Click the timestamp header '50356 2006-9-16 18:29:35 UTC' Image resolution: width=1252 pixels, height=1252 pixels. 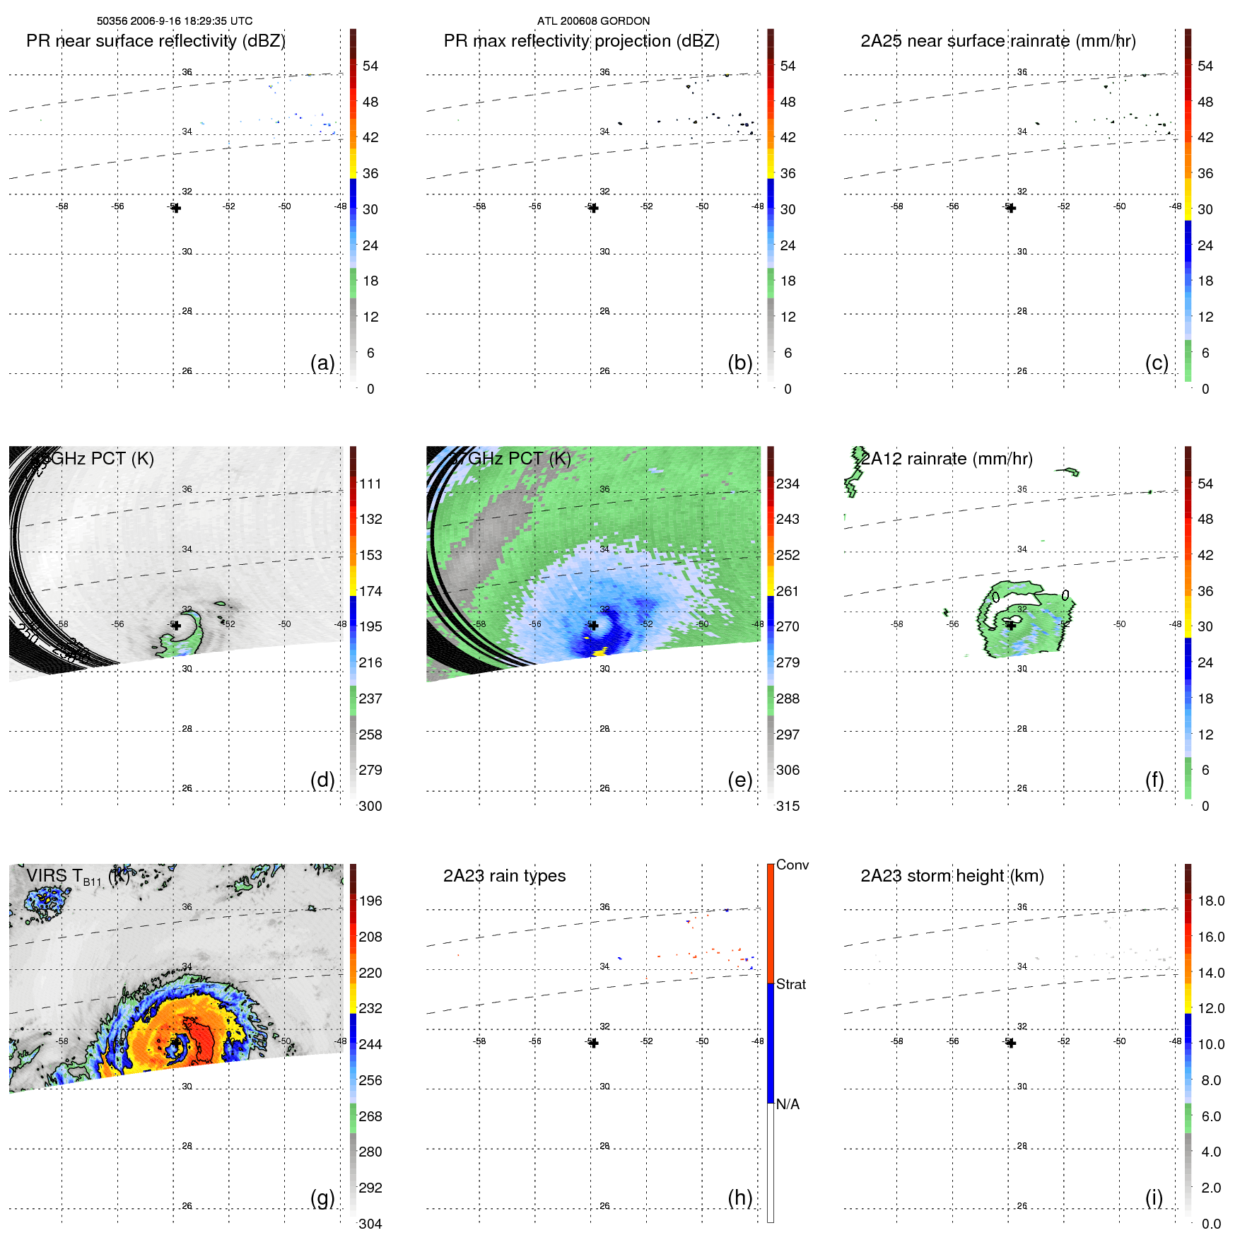pyautogui.click(x=174, y=21)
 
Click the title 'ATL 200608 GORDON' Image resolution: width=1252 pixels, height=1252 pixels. pyautogui.click(x=593, y=21)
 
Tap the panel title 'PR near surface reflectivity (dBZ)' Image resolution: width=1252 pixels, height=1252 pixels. pyautogui.click(x=156, y=41)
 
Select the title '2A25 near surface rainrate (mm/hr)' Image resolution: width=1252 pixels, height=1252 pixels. pyautogui.click(x=997, y=41)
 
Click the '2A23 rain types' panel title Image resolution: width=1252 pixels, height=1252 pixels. pyautogui.click(x=504, y=876)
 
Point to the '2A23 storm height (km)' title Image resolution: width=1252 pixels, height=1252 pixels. pyautogui.click(x=952, y=876)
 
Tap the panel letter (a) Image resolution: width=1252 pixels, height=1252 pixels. pyautogui.click(x=322, y=363)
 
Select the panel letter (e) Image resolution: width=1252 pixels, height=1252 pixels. pyautogui.click(x=739, y=780)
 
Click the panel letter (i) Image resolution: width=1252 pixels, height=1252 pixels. pyautogui.click(x=1154, y=1198)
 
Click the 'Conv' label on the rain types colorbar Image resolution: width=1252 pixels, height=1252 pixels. pyautogui.click(x=792, y=865)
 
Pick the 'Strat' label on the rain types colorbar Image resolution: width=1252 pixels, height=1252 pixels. pyautogui.click(x=790, y=984)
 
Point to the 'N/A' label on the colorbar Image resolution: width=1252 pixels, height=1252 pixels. pyautogui.click(x=788, y=1104)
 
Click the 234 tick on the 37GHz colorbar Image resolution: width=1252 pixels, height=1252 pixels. pyautogui.click(x=788, y=484)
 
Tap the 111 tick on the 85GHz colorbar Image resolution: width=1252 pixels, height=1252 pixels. pyautogui.click(x=370, y=484)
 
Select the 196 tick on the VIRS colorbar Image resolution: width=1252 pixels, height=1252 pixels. pyautogui.click(x=370, y=901)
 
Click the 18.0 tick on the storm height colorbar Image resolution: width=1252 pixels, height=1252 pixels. pyautogui.click(x=1210, y=901)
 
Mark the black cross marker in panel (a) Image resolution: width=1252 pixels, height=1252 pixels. pyautogui.click(x=176, y=208)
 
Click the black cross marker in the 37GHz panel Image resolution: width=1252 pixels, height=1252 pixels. pyautogui.click(x=594, y=625)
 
